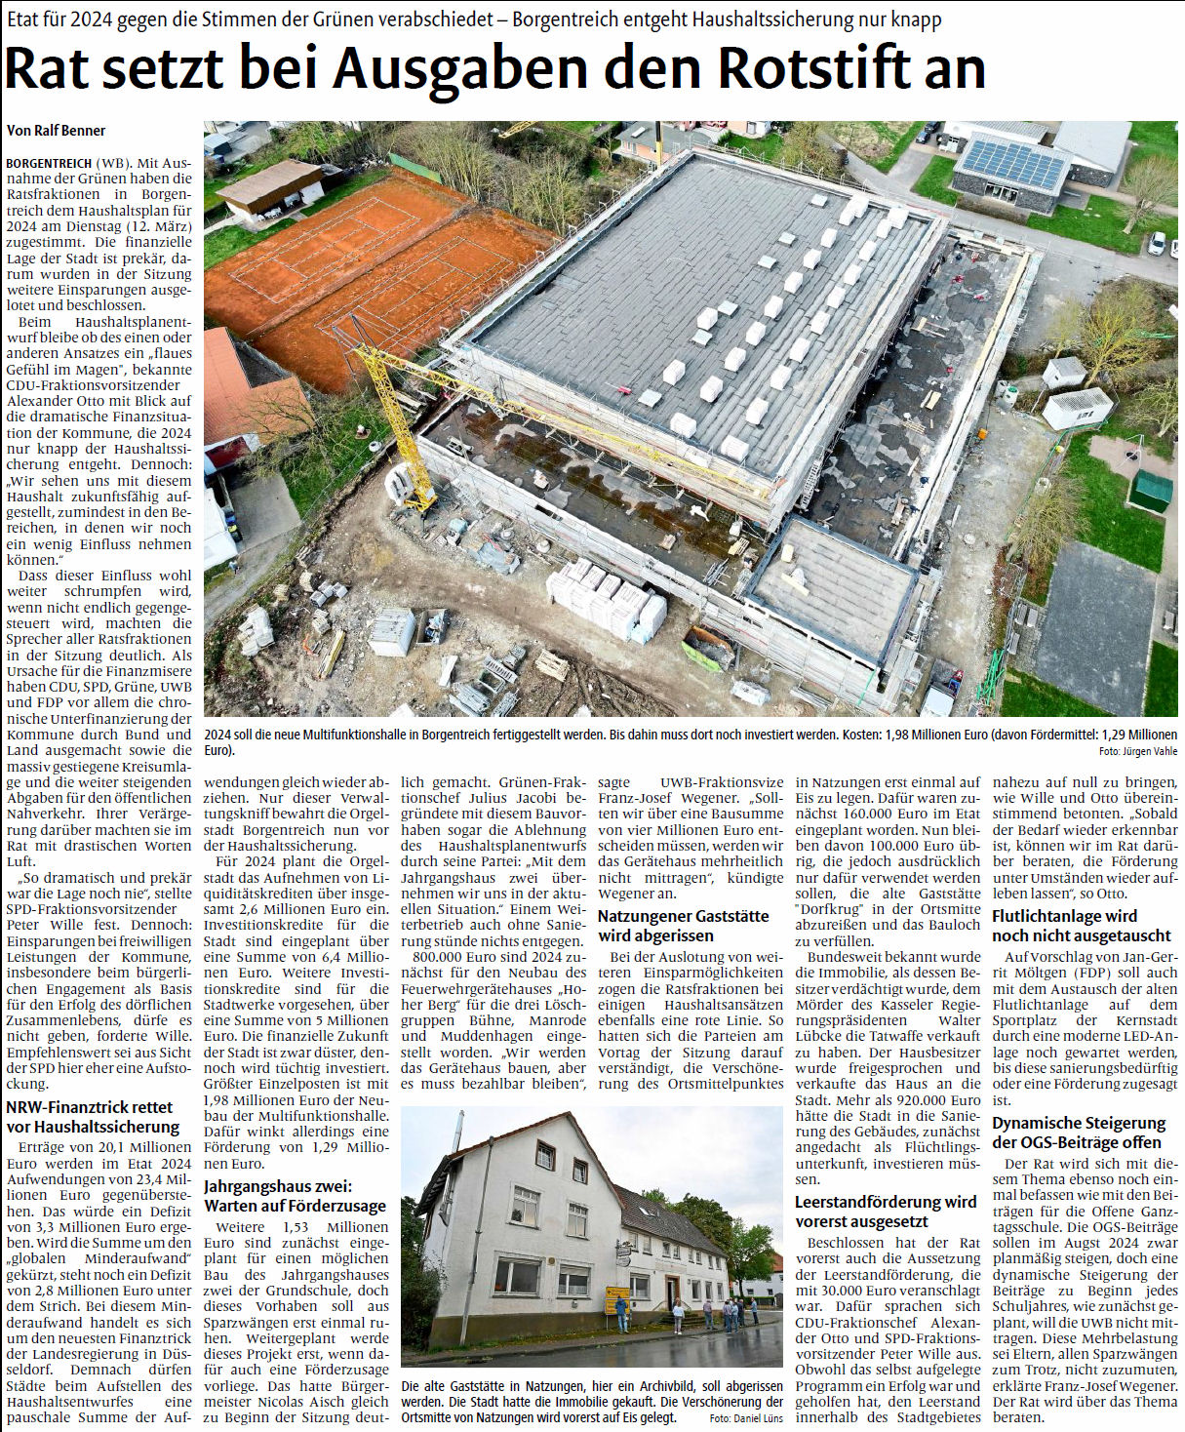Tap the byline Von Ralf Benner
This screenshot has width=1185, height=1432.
click(x=56, y=131)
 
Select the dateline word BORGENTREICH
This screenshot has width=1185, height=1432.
click(x=49, y=163)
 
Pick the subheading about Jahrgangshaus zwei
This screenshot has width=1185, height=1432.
click(x=295, y=1196)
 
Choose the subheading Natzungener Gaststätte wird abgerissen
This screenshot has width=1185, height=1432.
click(x=684, y=926)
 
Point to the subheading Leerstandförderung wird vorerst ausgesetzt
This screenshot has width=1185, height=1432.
click(x=886, y=1212)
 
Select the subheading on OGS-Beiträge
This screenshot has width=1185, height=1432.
click(x=1079, y=1133)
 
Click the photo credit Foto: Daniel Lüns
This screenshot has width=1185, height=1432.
click(x=746, y=1417)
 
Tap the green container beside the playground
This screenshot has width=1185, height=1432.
click(x=1151, y=491)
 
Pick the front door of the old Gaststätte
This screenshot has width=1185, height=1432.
click(x=672, y=1293)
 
